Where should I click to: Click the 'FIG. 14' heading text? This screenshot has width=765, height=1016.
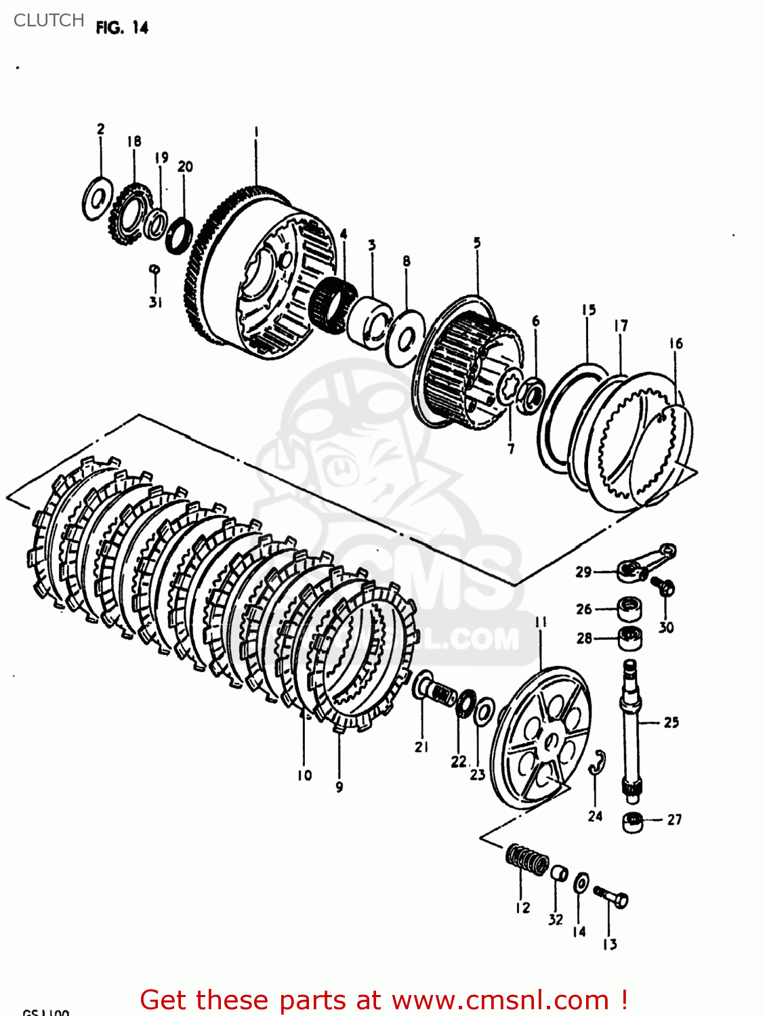122,28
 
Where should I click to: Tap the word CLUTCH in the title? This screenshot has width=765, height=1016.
49,20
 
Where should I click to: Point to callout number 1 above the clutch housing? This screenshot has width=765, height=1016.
256,131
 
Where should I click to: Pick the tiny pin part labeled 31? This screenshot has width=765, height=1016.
154,270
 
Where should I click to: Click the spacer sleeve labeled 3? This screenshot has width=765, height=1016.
370,320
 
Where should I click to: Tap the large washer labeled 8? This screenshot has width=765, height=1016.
405,338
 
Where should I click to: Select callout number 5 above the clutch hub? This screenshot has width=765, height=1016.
477,242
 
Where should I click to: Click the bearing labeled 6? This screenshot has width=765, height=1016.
531,395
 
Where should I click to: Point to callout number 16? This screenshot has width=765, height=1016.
676,343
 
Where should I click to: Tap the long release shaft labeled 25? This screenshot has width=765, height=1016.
631,725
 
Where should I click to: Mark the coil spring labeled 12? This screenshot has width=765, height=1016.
527,860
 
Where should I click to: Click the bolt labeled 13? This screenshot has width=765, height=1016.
612,897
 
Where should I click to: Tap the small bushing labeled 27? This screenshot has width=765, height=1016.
632,822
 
